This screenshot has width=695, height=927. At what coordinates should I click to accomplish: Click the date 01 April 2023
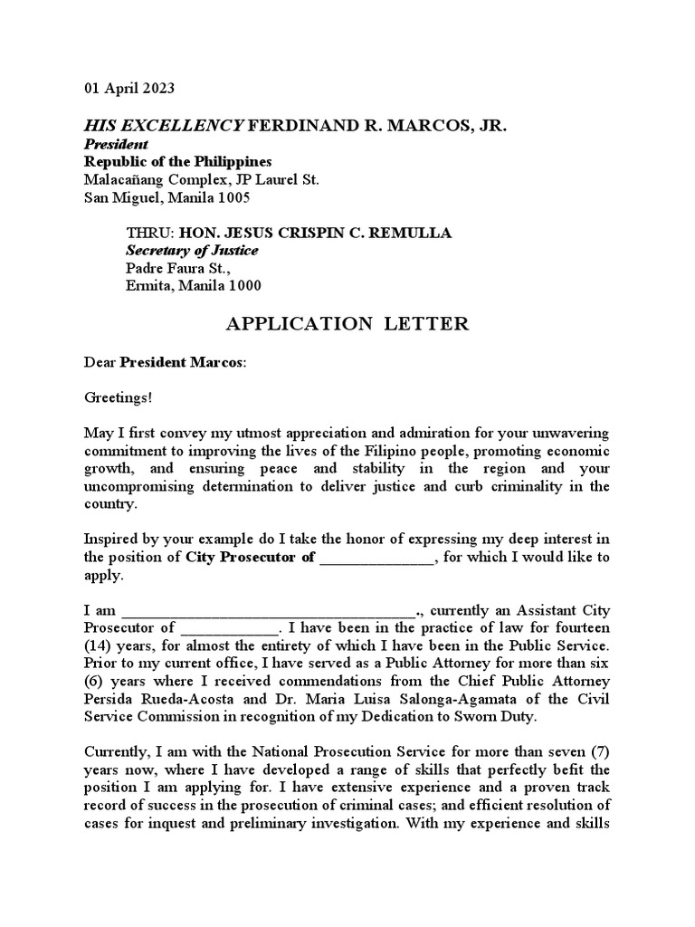129,89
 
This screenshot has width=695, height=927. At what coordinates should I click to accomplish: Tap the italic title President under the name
116,144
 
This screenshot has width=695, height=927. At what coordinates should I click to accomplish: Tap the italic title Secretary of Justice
191,251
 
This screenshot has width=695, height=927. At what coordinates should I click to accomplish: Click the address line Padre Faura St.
177,269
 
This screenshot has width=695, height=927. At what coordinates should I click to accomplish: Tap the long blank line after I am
268,609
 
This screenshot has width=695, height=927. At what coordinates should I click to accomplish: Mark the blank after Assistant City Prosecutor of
231,627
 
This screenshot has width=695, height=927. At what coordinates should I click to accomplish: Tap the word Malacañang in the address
120,179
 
